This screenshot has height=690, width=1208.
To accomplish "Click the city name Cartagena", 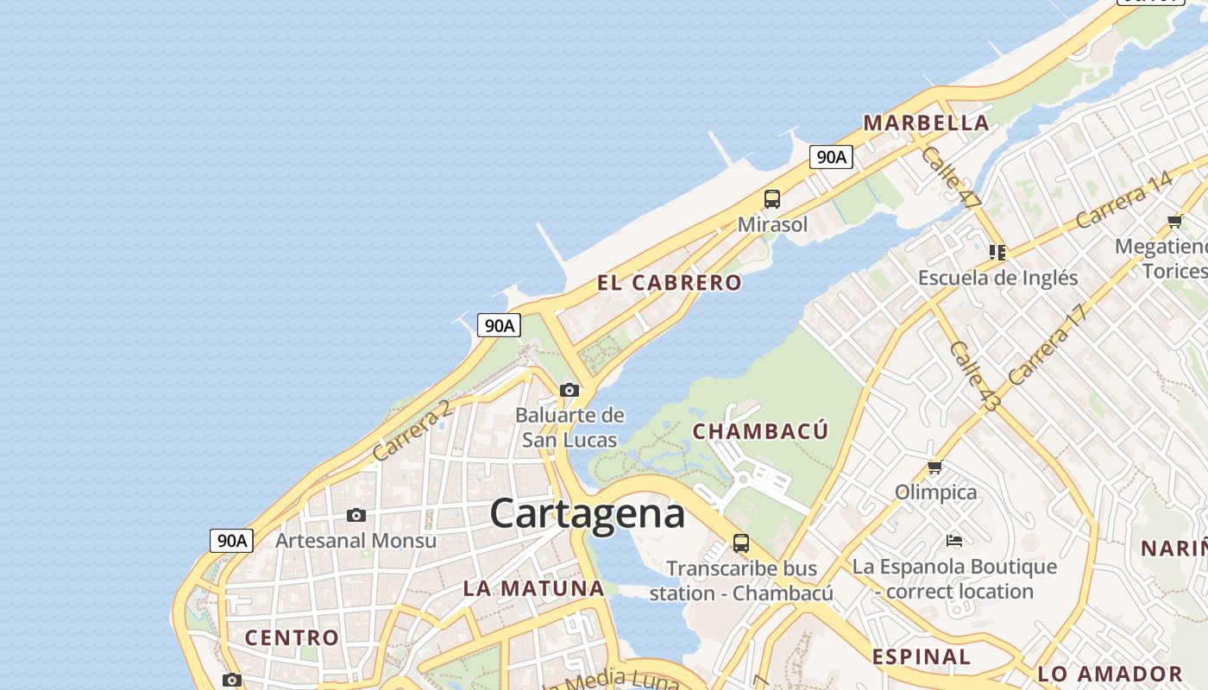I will tap(588, 514).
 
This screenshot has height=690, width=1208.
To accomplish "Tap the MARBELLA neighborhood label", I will tap(926, 122).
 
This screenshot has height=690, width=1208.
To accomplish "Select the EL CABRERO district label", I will tap(669, 283).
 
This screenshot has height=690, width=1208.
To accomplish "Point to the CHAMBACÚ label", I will tap(760, 431).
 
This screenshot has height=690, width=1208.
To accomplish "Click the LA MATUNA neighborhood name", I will tap(533, 589).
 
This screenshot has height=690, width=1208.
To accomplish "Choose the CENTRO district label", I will tap(292, 638).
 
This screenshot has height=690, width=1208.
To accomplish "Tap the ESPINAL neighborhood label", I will tap(921, 656).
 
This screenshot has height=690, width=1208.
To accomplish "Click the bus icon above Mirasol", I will tap(772, 199).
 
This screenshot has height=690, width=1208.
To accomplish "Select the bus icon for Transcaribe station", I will tap(741, 543).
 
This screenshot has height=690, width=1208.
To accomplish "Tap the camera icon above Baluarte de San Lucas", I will tap(569, 390).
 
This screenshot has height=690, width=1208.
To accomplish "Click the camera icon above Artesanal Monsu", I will tap(356, 516).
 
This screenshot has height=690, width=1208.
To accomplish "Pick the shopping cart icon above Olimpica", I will tap(934, 468).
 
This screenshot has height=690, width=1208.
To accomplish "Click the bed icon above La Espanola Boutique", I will tap(954, 541).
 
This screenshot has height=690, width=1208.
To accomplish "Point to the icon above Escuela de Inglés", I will tap(997, 253).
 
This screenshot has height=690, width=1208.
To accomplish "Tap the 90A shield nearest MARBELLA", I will tap(831, 157).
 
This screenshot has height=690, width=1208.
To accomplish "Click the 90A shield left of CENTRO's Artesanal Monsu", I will tap(232, 541).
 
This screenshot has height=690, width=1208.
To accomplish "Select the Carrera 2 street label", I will tap(412, 430).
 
